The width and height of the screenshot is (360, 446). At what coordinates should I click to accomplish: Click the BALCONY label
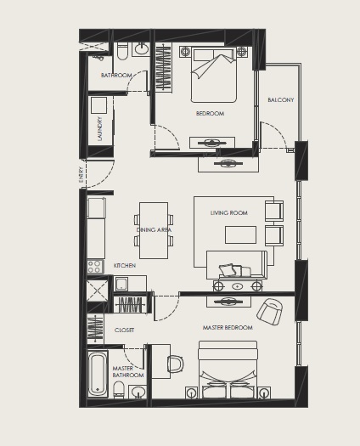[x=280, y=100]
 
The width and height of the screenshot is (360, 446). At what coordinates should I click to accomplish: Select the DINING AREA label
[x=154, y=229]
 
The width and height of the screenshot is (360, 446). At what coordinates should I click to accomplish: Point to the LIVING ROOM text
[x=229, y=213]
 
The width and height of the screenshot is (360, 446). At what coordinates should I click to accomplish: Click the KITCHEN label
[x=125, y=266]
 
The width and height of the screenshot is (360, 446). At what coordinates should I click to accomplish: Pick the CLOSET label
[x=125, y=330]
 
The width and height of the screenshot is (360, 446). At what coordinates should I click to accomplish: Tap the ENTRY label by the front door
[x=82, y=174]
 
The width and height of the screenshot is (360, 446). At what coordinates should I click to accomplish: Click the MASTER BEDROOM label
[x=227, y=327]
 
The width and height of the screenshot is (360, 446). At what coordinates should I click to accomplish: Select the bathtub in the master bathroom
[x=98, y=373]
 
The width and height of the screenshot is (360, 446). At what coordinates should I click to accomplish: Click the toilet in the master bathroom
[x=120, y=391]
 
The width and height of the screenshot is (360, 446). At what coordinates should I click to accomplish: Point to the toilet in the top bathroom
[x=123, y=52]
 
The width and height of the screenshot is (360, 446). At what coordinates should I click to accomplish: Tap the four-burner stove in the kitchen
[x=95, y=267]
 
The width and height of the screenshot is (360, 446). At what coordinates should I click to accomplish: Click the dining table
[x=154, y=229]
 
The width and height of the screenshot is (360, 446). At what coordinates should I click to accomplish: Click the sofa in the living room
[x=237, y=264]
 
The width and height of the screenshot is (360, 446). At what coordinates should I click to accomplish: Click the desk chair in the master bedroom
[x=175, y=364]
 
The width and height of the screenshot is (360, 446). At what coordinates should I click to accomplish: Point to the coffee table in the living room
[x=239, y=234]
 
